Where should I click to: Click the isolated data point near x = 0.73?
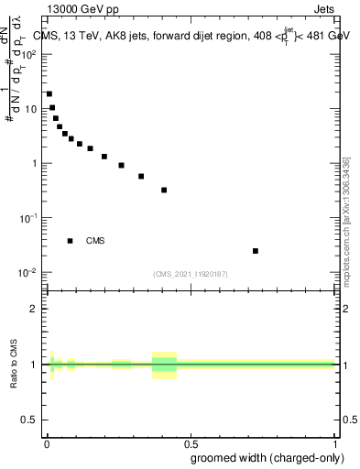click(x=256, y=251)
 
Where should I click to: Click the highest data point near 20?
click(x=49, y=93)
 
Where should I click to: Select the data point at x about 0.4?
click(x=164, y=190)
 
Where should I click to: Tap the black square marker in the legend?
click(x=71, y=241)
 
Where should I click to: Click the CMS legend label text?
click(x=95, y=241)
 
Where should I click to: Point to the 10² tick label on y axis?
click(x=28, y=54)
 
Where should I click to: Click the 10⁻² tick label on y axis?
click(x=27, y=273)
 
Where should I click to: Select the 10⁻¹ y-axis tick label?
click(x=27, y=218)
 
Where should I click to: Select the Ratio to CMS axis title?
click(x=14, y=364)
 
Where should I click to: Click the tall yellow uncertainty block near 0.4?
click(x=164, y=365)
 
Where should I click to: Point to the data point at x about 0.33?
click(x=141, y=176)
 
